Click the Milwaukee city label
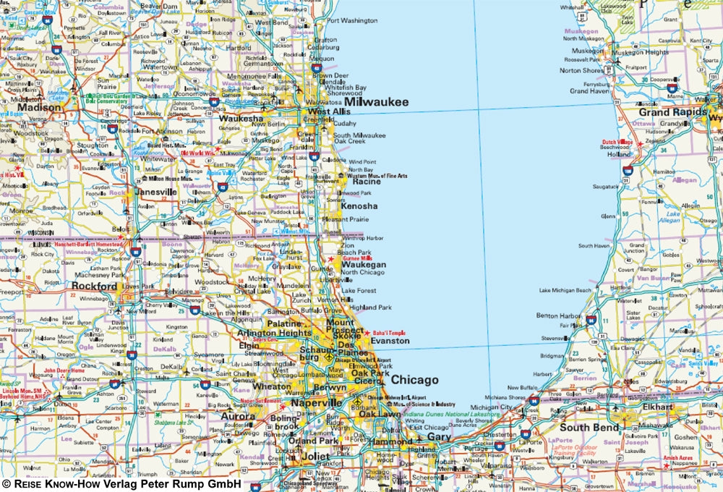tap(376, 102)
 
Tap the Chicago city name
tap(415, 380)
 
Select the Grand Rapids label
tap(672, 113)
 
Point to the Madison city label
tap(40, 108)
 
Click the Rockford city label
tap(94, 287)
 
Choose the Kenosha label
tap(359, 206)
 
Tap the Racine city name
tap(367, 182)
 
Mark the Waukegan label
tap(364, 265)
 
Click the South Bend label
tap(589, 428)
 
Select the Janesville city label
tap(156, 192)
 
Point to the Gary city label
tap(438, 437)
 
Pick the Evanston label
tap(390, 341)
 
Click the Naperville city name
tap(317, 403)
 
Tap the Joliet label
tap(315, 457)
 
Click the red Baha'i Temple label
tap(390, 333)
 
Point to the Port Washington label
tap(353, 20)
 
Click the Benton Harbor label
tap(560, 316)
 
